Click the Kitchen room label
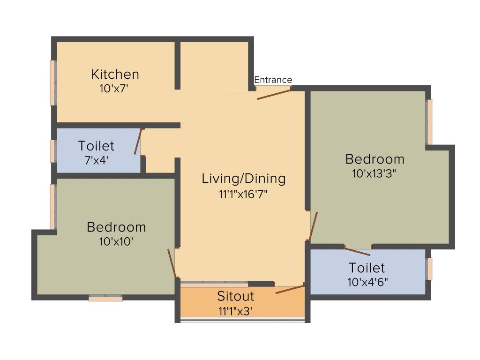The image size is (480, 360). point(115,74)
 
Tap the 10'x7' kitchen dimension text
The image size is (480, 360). point(114,88)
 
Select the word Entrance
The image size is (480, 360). point(273,80)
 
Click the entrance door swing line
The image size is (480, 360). point(274,94)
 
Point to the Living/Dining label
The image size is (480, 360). point(243,178)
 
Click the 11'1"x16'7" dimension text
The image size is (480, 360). point(243,194)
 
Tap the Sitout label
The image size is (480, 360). point(235,296)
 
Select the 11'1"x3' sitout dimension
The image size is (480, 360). point(235,310)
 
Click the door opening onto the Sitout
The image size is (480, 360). point(290,288)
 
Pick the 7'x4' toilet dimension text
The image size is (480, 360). point(96,160)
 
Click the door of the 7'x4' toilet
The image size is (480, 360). point(138,142)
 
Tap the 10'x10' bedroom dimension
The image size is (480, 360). point(116,241)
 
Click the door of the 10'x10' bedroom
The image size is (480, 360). point(172,263)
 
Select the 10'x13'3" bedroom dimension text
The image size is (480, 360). point(374,173)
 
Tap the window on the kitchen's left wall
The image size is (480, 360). point(53,82)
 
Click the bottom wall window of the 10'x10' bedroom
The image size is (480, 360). point(105,298)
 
